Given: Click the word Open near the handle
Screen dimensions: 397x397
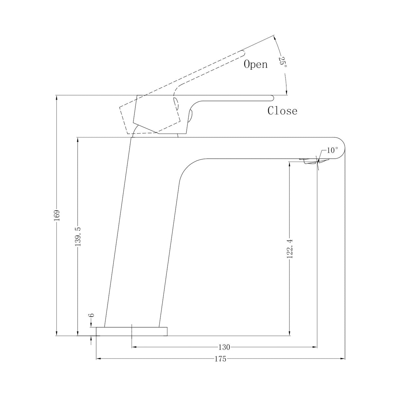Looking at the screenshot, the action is pos(255,65).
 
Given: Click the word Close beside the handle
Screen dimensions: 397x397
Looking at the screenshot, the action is pos(282,111).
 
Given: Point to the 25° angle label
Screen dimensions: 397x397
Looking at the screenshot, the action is pos(283,62).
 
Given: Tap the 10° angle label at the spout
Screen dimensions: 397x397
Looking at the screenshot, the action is pos(332,150).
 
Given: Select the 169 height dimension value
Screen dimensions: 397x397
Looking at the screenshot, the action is pos(57,215).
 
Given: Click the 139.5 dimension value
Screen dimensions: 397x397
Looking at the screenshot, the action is pos(78,236).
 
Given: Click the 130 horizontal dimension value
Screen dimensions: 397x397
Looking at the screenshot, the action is pos(224,347).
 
